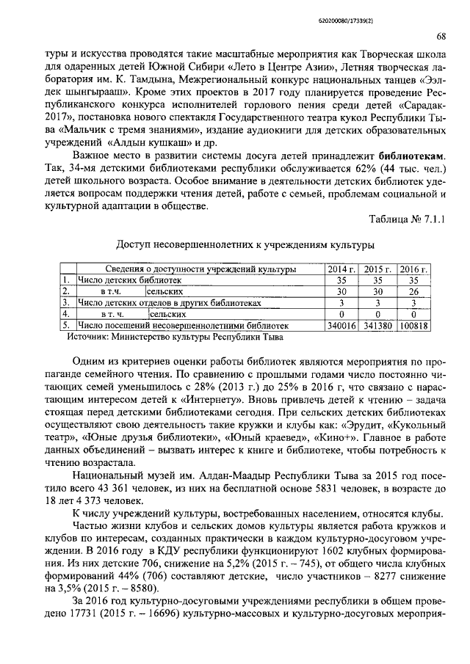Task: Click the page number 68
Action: (441, 37)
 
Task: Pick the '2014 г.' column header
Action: (341, 269)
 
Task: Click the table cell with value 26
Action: (413, 291)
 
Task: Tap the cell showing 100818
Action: (413, 324)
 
